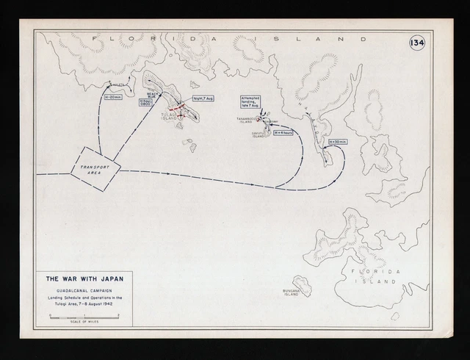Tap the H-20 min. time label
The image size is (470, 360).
pos(114,96)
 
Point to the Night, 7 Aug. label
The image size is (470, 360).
pos(203,98)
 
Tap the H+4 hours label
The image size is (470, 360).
pos(283,133)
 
